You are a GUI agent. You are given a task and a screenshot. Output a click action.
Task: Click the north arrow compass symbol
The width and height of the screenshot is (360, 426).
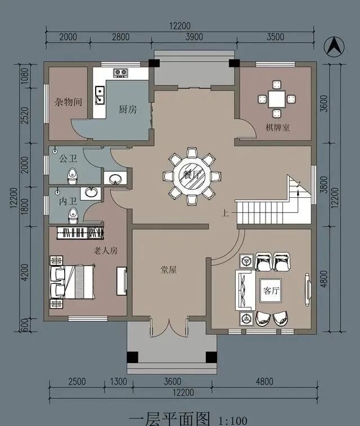click(334, 47)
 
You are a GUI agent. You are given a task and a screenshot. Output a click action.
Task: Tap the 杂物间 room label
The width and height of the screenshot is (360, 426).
click(68, 102)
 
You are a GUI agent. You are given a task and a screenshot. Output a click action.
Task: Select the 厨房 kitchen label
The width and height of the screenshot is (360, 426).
click(128, 109)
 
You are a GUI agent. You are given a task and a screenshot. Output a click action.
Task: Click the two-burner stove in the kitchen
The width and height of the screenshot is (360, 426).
click(120, 72)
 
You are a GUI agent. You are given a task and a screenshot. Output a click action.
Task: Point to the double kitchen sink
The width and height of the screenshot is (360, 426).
click(100, 95)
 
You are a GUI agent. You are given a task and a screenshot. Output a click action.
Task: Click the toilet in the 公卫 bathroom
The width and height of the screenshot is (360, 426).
click(72, 176)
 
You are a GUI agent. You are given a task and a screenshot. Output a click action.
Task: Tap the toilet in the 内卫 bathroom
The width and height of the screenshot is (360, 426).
click(73, 215)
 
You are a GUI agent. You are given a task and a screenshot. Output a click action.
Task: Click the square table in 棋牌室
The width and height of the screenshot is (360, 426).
click(277, 99)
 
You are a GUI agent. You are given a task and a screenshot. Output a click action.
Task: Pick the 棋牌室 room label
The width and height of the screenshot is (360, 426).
click(278, 128)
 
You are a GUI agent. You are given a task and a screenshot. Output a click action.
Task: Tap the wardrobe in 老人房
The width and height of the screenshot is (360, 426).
click(80, 233)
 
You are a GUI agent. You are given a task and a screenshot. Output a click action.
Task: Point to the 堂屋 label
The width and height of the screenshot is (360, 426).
click(169, 270)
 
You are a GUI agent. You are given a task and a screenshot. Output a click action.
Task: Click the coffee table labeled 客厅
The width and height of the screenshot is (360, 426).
click(271, 291)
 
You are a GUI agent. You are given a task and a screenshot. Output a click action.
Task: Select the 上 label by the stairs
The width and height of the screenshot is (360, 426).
click(225, 213)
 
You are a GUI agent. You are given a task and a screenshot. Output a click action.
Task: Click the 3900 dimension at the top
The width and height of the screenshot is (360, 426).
click(194, 37)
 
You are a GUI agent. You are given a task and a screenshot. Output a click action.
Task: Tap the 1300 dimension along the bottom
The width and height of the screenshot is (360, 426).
click(119, 382)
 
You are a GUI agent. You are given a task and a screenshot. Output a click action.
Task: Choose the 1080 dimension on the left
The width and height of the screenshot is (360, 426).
click(25, 76)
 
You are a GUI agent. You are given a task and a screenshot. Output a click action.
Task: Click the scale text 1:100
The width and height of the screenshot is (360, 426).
click(232, 421)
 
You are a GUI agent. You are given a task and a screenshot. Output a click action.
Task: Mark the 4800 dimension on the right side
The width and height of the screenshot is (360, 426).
click(324, 279)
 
